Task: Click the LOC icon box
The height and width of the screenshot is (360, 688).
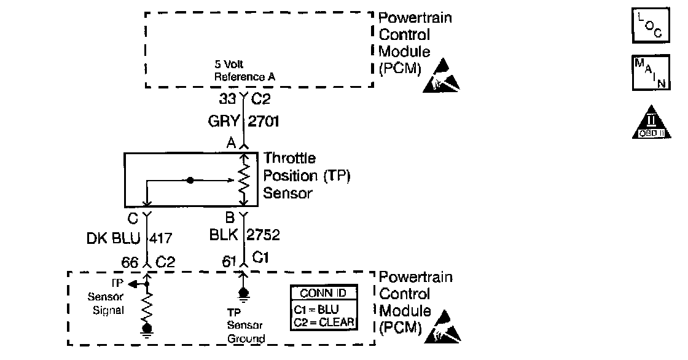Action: (x=650, y=26)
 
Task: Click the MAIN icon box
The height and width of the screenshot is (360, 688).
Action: (x=650, y=73)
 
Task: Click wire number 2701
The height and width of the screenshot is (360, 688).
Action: (x=264, y=122)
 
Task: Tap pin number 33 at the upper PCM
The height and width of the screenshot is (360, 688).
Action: (x=227, y=98)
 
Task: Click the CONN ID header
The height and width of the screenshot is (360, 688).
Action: (x=323, y=294)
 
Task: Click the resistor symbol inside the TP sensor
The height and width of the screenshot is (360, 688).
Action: (x=243, y=179)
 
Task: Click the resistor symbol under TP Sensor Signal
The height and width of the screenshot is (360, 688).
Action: (x=147, y=308)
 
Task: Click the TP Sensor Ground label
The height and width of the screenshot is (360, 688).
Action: (x=246, y=325)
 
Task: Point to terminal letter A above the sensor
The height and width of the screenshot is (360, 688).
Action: (x=231, y=144)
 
